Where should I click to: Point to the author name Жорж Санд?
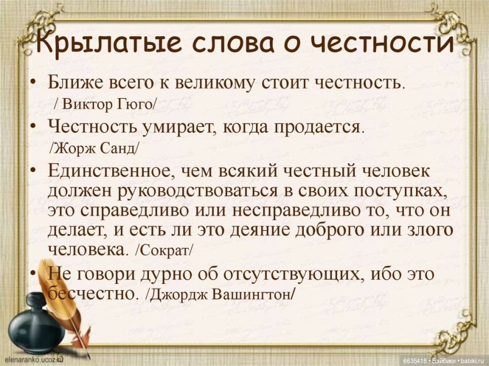[x=95, y=148]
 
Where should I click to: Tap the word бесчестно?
[x=93, y=294]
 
